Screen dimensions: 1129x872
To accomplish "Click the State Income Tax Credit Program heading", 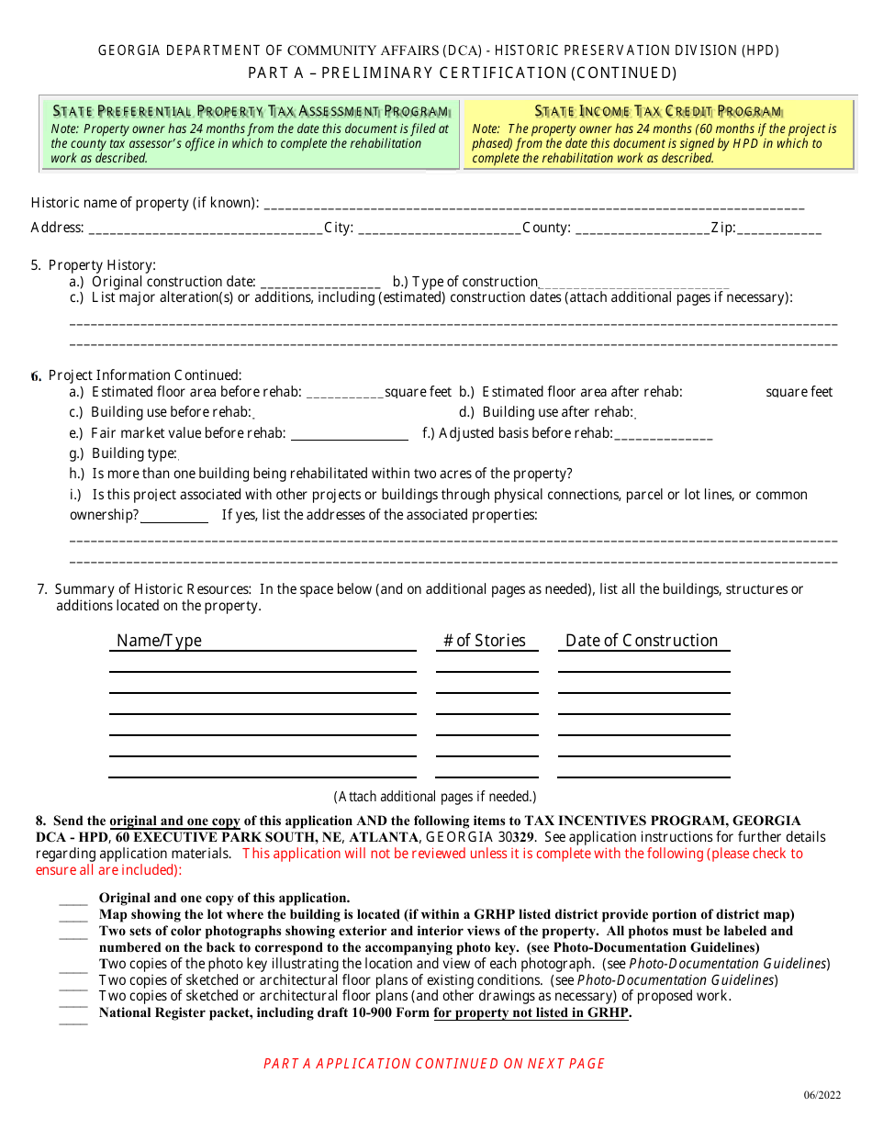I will [x=658, y=111].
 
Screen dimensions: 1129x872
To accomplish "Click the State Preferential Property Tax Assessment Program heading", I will [x=251, y=111].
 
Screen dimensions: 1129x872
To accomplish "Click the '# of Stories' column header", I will [x=485, y=641].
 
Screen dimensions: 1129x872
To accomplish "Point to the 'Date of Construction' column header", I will [x=642, y=641].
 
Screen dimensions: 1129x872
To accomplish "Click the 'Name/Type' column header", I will [x=160, y=641].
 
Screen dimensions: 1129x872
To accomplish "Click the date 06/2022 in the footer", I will [x=822, y=1096].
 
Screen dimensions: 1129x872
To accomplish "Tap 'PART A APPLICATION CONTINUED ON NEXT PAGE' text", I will [x=434, y=1064].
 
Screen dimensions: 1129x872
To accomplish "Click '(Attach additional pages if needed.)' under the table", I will [x=434, y=797].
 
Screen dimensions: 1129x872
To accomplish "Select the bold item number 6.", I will [x=36, y=376].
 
